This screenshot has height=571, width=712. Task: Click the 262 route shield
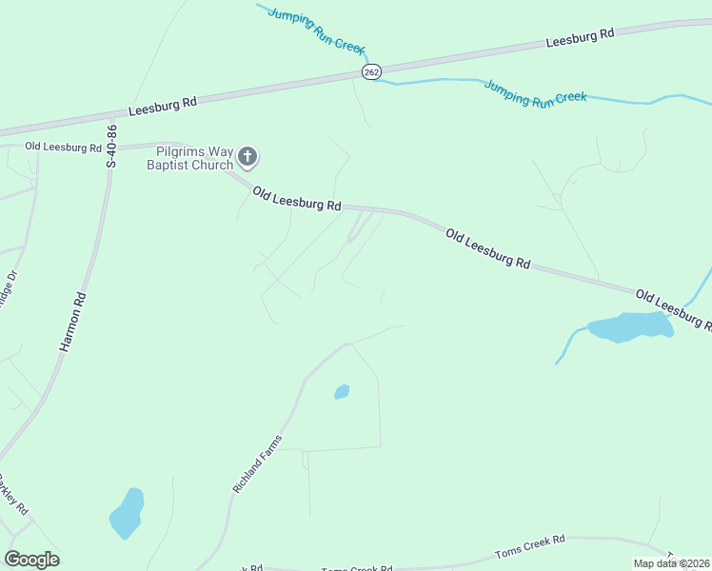(371, 72)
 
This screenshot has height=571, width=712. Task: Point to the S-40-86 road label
(112, 146)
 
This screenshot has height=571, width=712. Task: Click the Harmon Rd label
(73, 324)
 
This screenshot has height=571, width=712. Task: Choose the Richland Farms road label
(258, 463)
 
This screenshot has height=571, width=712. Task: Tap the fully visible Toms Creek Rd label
(530, 546)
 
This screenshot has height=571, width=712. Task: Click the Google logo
(31, 560)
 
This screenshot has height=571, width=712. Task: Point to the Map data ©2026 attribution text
(672, 563)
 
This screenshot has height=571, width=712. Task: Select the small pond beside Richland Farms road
(342, 391)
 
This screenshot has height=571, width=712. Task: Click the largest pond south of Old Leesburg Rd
(630, 326)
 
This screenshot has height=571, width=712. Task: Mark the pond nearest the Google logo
(127, 514)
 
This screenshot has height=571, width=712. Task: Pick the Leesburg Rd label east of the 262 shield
(581, 37)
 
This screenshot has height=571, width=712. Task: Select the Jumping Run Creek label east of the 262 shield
(535, 92)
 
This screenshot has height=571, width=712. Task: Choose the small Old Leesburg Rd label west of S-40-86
(63, 148)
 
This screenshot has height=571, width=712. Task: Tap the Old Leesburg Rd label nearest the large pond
(672, 308)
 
